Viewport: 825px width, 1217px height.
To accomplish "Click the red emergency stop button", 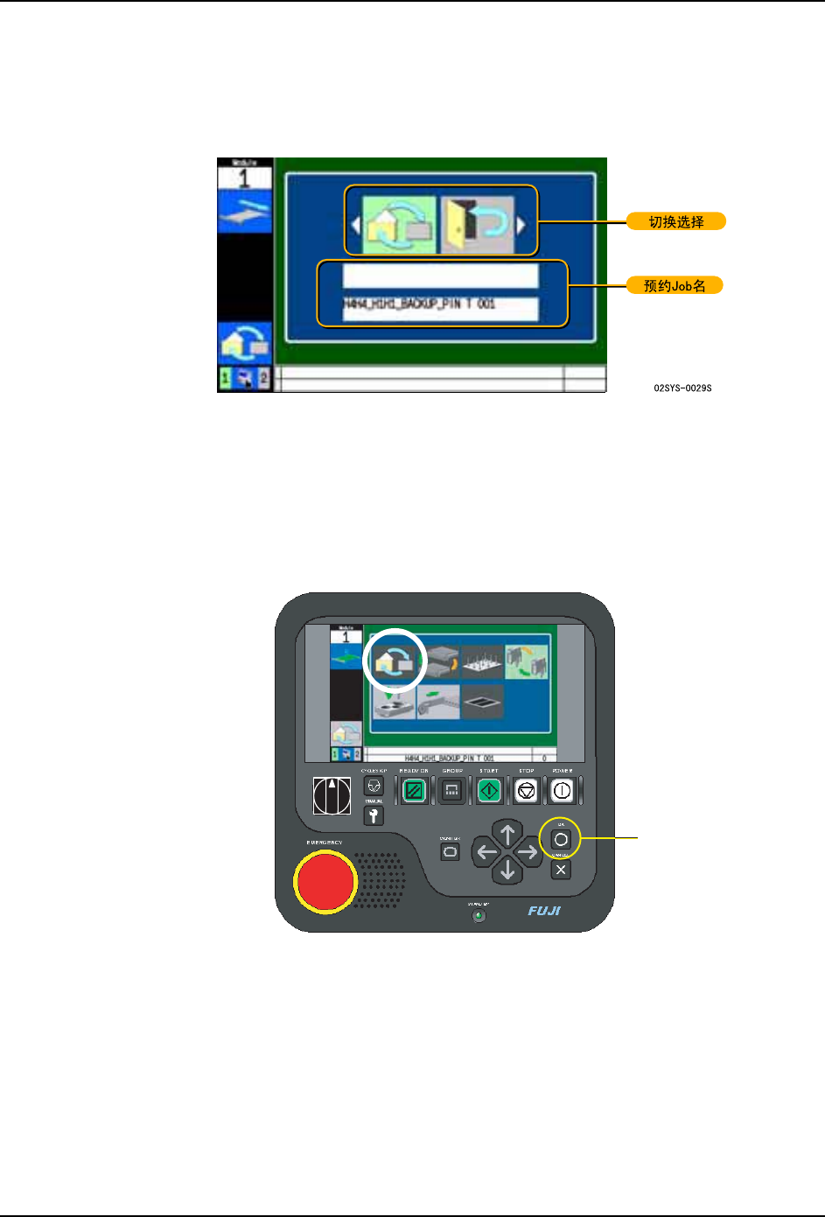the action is [x=325, y=882].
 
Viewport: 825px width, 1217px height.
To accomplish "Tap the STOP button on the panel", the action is [x=526, y=791].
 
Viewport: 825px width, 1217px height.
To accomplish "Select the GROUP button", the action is [x=451, y=791].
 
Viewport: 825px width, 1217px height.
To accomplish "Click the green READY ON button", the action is [x=414, y=791].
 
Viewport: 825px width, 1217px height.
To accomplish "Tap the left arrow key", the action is [x=486, y=851].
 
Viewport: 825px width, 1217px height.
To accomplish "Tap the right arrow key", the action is [x=528, y=851].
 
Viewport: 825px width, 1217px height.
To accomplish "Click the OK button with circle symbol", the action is [x=561, y=839].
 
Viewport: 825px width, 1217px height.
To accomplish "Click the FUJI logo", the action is [x=544, y=911].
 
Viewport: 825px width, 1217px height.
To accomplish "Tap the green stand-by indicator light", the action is [x=479, y=916].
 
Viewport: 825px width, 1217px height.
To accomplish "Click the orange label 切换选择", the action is [x=676, y=222].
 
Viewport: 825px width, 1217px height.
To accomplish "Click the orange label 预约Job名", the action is [x=675, y=286].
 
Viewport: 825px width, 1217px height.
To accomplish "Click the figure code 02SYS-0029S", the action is [x=682, y=388].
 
